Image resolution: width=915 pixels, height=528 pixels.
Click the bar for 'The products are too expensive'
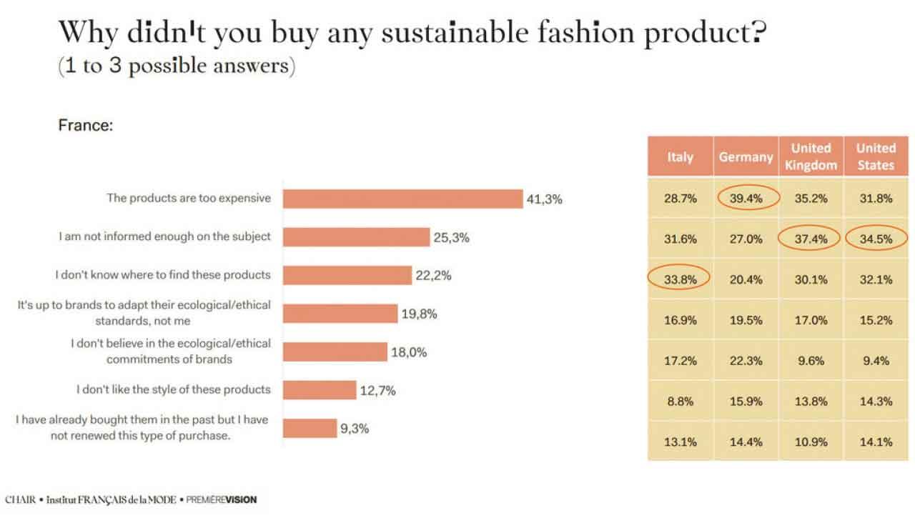[402, 199]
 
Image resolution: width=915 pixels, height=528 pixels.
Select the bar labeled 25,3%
[356, 237]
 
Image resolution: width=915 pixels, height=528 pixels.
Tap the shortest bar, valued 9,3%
[310, 429]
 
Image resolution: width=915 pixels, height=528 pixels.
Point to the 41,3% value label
[544, 199]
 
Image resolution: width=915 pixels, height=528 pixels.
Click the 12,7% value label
[377, 390]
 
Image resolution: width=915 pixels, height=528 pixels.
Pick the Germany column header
[746, 157]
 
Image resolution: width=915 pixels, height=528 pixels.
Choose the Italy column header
[680, 157]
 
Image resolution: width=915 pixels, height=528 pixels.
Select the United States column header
[876, 156]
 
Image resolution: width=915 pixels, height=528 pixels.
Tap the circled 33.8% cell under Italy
[680, 279]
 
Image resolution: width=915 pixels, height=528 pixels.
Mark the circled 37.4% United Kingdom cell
[811, 239]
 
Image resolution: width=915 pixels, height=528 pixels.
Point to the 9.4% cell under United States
[876, 361]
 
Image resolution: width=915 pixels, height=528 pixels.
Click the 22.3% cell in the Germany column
[746, 361]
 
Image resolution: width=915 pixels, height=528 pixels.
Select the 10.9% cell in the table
[811, 442]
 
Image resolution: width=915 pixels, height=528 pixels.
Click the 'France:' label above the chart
[85, 126]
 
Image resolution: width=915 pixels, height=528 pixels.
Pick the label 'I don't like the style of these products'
[174, 389]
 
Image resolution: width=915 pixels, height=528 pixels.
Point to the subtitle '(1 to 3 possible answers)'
[176, 66]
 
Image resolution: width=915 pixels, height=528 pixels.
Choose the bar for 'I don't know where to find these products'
[347, 275]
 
